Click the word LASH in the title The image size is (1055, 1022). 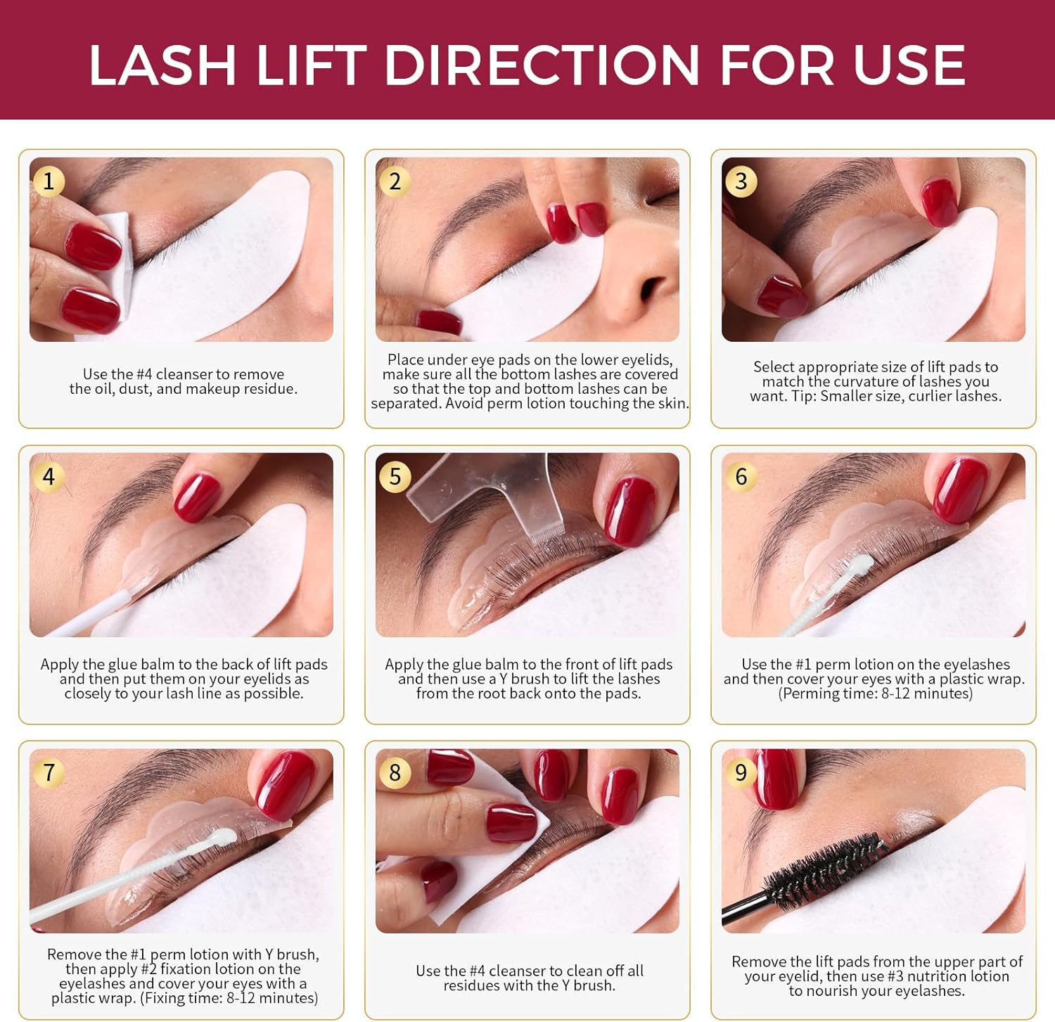(162, 65)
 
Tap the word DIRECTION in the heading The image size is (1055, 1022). (541, 65)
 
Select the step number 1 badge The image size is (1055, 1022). (49, 181)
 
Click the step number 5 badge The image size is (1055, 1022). (395, 476)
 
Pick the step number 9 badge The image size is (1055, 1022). (741, 772)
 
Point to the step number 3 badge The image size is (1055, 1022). (741, 181)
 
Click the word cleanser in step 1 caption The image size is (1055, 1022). (184, 374)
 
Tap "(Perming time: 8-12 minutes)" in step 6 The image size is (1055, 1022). (875, 694)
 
